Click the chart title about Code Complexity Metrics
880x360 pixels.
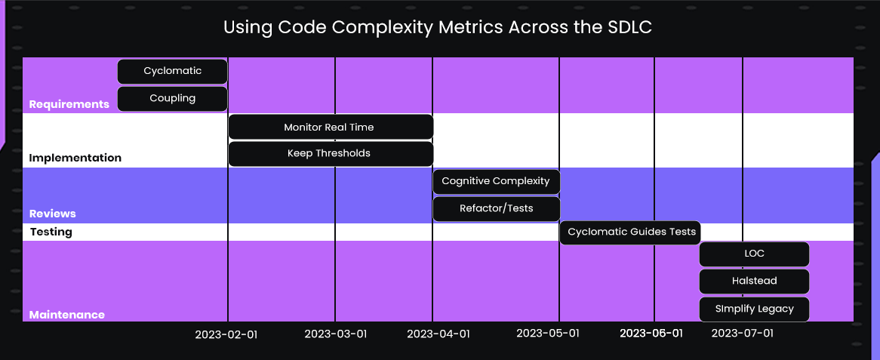pyautogui.click(x=437, y=28)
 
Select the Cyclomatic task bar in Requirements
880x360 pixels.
pyautogui.click(x=172, y=71)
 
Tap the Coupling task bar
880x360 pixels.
pyautogui.click(x=172, y=98)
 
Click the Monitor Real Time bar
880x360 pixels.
pyautogui.click(x=330, y=127)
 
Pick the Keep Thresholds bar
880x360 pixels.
pyautogui.click(x=330, y=153)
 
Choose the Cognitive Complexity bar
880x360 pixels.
pyautogui.click(x=496, y=181)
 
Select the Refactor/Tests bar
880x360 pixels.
pyautogui.click(x=496, y=208)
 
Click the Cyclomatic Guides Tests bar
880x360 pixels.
pyautogui.click(x=632, y=232)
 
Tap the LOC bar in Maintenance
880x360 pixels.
pyautogui.click(x=754, y=254)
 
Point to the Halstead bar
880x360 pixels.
pyautogui.click(x=754, y=281)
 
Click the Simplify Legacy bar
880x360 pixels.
pyautogui.click(x=754, y=309)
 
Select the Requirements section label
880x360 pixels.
pyautogui.click(x=69, y=104)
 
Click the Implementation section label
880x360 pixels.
pyautogui.click(x=75, y=158)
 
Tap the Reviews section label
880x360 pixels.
pyautogui.click(x=52, y=214)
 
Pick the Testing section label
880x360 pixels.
pyautogui.click(x=51, y=232)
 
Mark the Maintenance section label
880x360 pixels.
pyautogui.click(x=66, y=315)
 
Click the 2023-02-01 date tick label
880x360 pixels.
pyautogui.click(x=226, y=334)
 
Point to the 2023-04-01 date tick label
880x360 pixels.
pyautogui.click(x=438, y=334)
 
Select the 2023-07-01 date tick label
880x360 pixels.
pyautogui.click(x=743, y=333)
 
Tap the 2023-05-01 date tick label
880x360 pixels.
pyautogui.click(x=548, y=333)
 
